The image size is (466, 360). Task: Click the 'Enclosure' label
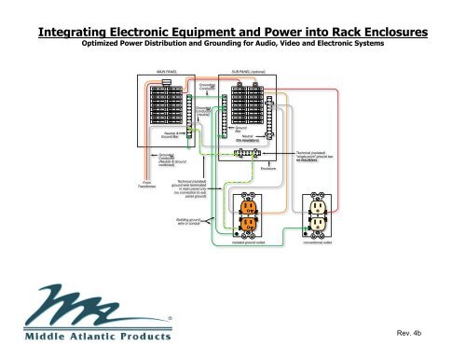tap(271, 168)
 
